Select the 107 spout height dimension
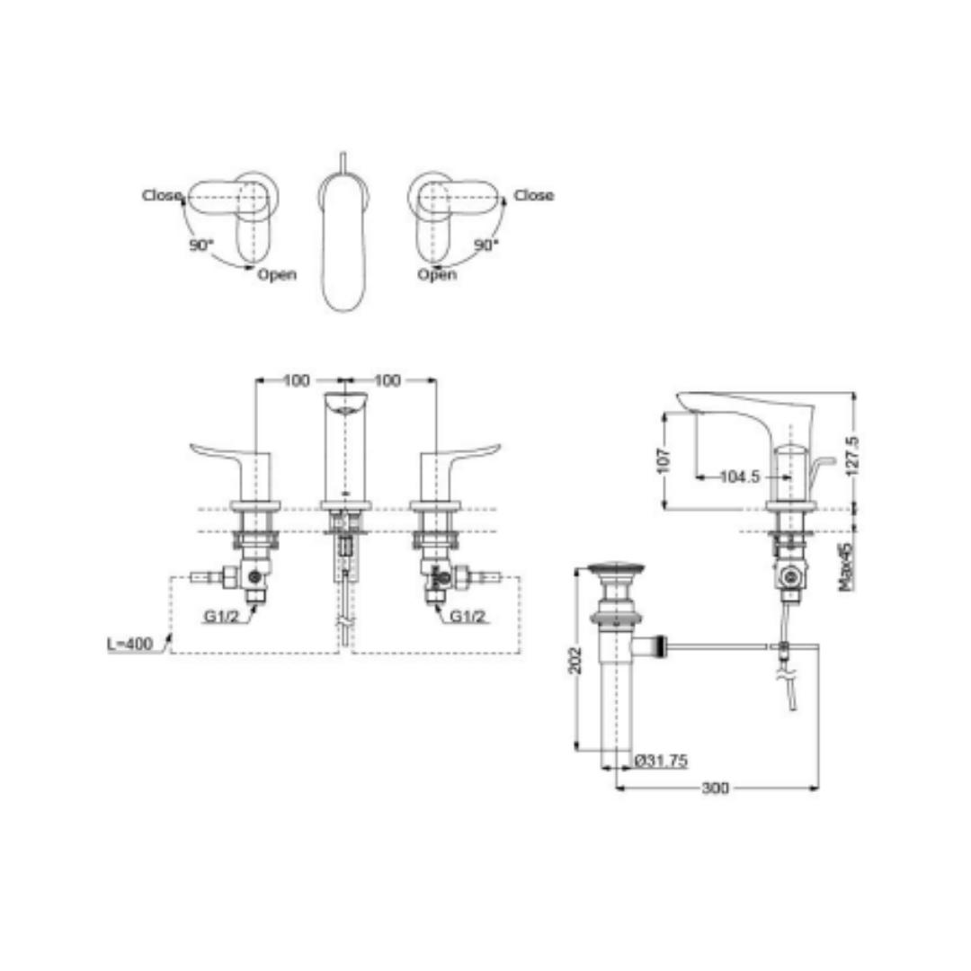664,460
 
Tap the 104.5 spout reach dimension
739,477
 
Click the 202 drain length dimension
576,660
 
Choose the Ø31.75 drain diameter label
662,761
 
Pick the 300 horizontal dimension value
716,788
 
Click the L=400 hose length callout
130,644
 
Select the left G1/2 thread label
221,616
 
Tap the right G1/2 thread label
468,616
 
